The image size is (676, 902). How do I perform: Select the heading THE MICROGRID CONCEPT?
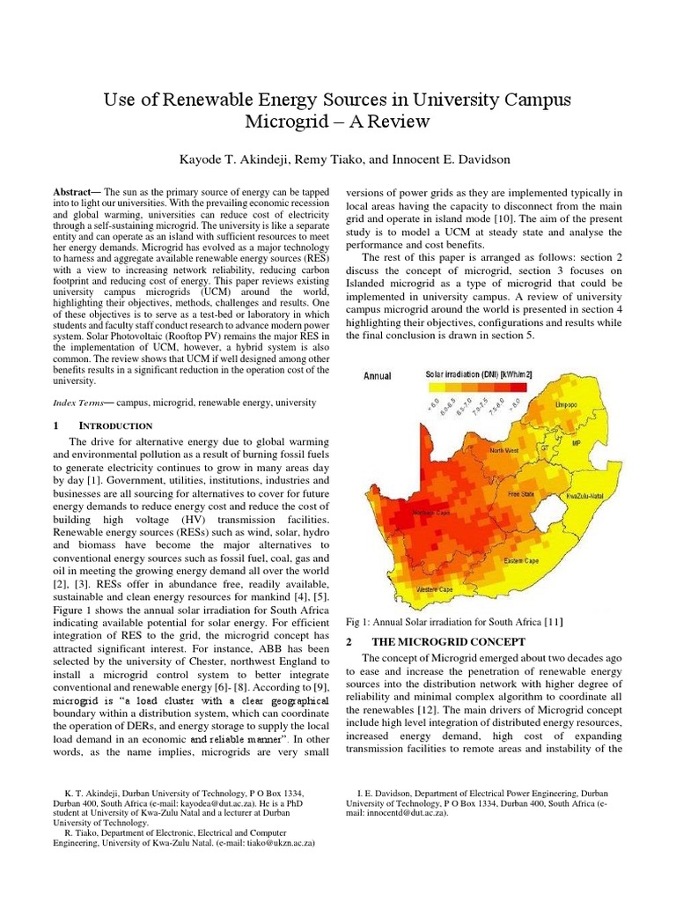pyautogui.click(x=448, y=641)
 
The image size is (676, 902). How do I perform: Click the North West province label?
pyautogui.click(x=504, y=450)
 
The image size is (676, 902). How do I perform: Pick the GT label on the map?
pyautogui.click(x=544, y=447)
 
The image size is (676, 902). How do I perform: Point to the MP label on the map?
pyautogui.click(x=577, y=444)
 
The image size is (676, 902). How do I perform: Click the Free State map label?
pyautogui.click(x=520, y=494)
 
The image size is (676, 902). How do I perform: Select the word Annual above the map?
pyautogui.click(x=378, y=376)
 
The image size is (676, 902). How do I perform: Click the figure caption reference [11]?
pyautogui.click(x=553, y=622)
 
